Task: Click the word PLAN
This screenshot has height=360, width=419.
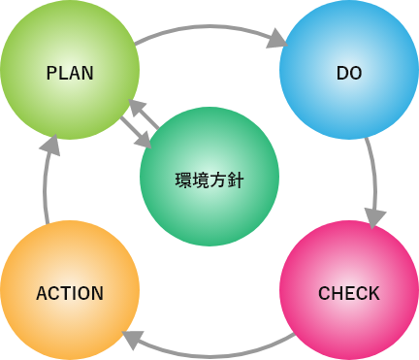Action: [x=70, y=73]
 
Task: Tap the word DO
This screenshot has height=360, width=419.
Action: [x=349, y=73]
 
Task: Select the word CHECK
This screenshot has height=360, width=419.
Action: [x=349, y=293]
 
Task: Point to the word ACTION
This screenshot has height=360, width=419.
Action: [x=70, y=293]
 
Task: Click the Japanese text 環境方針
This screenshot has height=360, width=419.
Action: [x=209, y=180]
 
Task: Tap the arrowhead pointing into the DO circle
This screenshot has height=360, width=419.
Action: [x=277, y=39]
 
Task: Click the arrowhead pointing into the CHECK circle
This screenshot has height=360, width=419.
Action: [x=375, y=218]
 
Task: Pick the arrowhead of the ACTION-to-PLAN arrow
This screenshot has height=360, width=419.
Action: [x=50, y=146]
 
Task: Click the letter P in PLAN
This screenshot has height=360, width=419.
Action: [x=51, y=73]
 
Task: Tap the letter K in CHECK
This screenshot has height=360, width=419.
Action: [x=373, y=293]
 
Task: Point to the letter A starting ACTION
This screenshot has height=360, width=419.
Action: [x=42, y=293]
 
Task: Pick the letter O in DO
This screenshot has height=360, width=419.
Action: [x=356, y=73]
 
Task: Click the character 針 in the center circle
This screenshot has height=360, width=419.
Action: [x=236, y=180]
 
